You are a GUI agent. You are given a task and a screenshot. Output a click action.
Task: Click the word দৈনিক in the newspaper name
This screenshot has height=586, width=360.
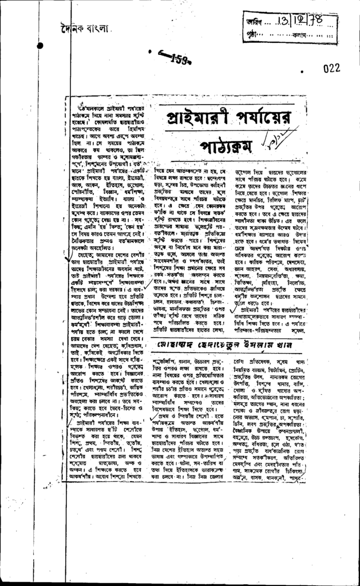point(72,27)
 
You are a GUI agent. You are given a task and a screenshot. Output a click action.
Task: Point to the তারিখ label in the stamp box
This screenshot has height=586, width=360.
point(252,22)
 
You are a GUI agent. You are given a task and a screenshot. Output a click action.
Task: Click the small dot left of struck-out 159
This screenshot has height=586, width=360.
point(149,52)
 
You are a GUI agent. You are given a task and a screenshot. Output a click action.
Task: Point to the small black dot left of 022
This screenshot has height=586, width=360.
point(302,73)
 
